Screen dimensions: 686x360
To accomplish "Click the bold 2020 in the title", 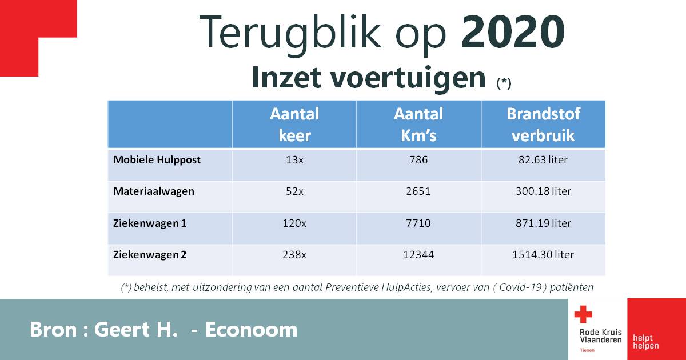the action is pyautogui.click(x=513, y=32).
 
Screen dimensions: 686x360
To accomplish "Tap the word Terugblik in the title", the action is pyautogui.click(x=290, y=35).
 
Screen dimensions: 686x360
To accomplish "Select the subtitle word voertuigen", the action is pyautogui.click(x=408, y=78).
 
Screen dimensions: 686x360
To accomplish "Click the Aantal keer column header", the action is pyautogui.click(x=294, y=125).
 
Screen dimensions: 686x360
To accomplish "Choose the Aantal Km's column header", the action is pyautogui.click(x=418, y=125).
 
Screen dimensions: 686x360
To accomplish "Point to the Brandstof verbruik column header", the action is pyautogui.click(x=543, y=125).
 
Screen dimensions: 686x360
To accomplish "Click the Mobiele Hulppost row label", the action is pyautogui.click(x=157, y=160).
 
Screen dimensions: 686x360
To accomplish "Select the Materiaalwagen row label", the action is pyautogui.click(x=154, y=191).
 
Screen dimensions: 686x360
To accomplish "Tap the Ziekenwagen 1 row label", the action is pyautogui.click(x=150, y=223).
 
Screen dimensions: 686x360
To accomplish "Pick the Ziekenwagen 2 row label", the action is pyautogui.click(x=150, y=255).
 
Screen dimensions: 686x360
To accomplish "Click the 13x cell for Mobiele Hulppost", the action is pyautogui.click(x=294, y=160).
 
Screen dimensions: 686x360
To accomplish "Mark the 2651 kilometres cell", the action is pyautogui.click(x=418, y=191).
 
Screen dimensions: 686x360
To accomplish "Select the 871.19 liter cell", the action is pyautogui.click(x=543, y=223).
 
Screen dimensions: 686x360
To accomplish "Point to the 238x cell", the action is pyautogui.click(x=294, y=255).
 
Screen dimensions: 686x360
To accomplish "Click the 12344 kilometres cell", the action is pyautogui.click(x=418, y=255).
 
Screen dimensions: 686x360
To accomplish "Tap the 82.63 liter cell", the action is pyautogui.click(x=543, y=160).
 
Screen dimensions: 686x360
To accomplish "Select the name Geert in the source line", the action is pyautogui.click(x=122, y=330).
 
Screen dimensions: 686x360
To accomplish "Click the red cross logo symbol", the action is pyautogui.click(x=583, y=314).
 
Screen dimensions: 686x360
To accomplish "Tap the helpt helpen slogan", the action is pyautogui.click(x=646, y=342).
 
